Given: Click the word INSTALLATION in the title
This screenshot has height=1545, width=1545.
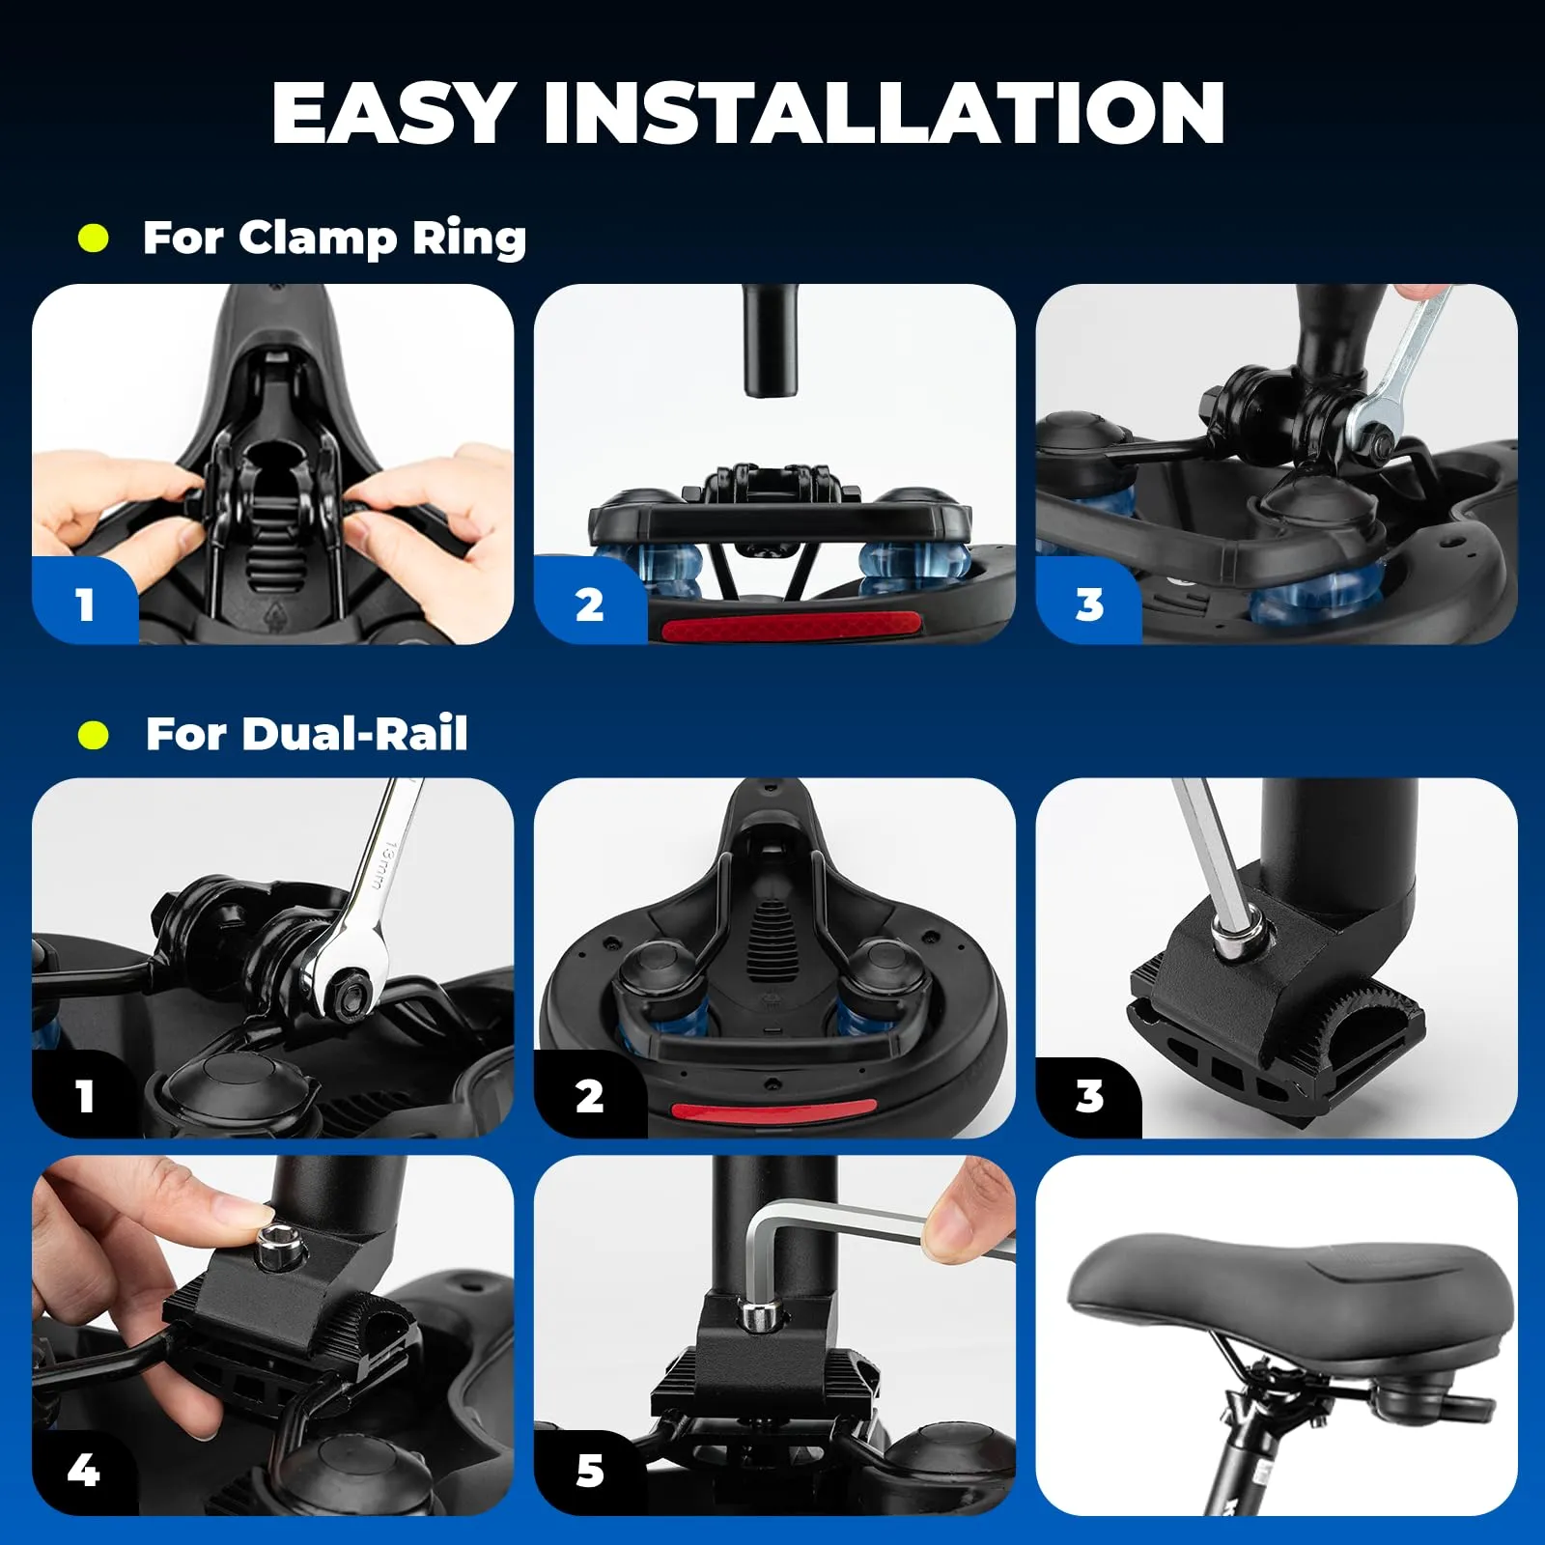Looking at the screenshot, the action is click(x=885, y=113).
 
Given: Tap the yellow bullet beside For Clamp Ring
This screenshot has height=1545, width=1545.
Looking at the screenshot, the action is click(x=94, y=239).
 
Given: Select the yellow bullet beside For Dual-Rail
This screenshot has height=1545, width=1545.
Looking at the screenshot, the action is click(x=94, y=735).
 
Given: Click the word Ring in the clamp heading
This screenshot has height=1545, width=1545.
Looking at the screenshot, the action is click(x=469, y=239).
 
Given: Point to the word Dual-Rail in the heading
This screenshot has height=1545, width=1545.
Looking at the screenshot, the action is click(x=355, y=734).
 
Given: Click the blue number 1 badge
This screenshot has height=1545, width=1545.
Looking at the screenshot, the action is click(x=85, y=603).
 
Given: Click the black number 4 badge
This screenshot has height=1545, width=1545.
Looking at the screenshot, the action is click(x=84, y=1470).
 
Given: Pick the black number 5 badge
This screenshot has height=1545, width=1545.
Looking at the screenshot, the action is click(x=589, y=1471).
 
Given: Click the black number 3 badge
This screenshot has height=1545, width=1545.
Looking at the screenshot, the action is click(x=1089, y=1096).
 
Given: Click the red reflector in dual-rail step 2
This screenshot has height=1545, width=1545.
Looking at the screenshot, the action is click(x=774, y=1112).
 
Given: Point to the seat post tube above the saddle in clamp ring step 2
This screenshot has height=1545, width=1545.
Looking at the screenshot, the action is click(x=770, y=340).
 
